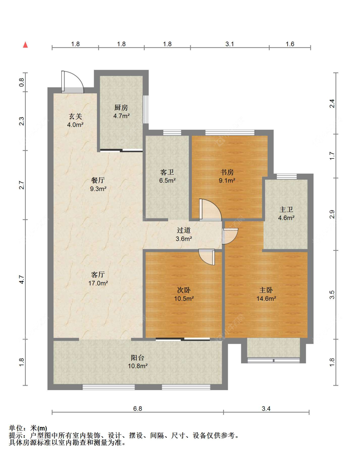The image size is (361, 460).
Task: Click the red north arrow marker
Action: point(25,45)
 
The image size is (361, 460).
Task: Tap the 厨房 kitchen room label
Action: point(121,107)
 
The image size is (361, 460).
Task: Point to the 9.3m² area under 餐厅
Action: point(98,188)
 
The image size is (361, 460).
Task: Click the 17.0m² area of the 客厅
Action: point(98,283)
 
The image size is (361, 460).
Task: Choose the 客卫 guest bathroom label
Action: point(167,172)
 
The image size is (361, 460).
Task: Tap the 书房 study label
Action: point(227,172)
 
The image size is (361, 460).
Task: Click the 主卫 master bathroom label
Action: point(286,209)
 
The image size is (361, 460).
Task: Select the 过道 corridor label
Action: point(184,230)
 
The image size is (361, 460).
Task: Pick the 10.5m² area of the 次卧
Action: point(184,298)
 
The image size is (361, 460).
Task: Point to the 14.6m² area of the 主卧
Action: point(266,298)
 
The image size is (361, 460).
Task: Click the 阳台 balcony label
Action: point(137,358)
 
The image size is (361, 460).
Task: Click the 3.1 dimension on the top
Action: point(229,44)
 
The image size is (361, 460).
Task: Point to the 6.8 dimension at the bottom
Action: point(137,409)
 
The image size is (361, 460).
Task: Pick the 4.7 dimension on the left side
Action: point(22,279)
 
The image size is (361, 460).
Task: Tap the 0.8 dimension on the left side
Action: point(22,82)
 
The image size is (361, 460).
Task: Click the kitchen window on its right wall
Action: point(145,109)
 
